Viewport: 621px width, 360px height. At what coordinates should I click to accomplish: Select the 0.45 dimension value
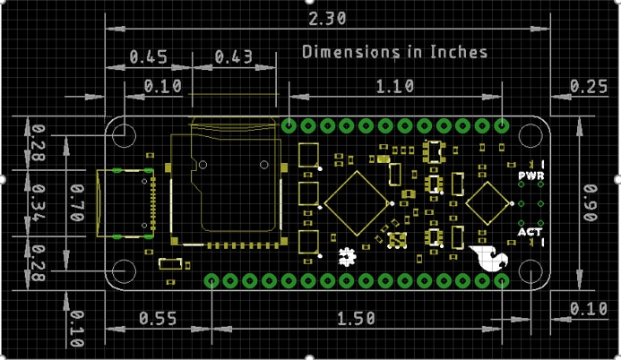[x=149, y=57]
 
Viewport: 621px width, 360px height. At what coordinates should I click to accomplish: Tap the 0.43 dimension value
[x=233, y=57]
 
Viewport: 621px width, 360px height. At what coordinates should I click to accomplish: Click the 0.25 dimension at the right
[x=588, y=86]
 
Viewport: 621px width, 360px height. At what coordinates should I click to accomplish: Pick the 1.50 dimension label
[x=356, y=318]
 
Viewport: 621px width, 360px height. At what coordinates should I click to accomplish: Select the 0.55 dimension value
[x=157, y=318]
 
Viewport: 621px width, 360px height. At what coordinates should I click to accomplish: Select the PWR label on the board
[x=530, y=176]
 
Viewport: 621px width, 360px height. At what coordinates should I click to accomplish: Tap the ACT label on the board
[x=530, y=233]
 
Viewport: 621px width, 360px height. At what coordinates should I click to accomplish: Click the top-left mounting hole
[x=124, y=135]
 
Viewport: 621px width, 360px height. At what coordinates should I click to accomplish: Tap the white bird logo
[x=491, y=257]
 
